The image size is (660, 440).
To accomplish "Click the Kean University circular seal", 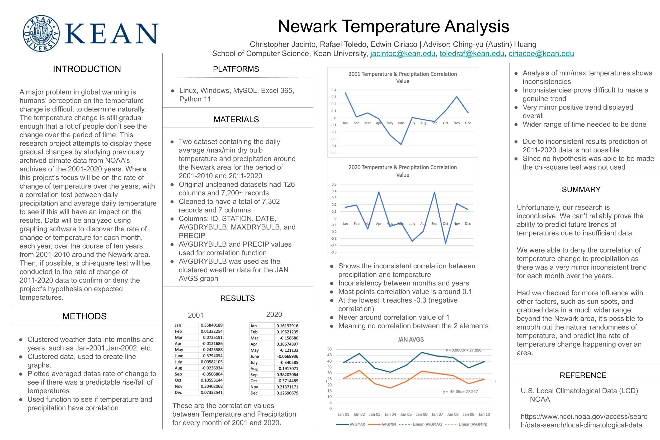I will (x=41, y=33).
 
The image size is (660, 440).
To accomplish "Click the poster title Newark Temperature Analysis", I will (x=393, y=26).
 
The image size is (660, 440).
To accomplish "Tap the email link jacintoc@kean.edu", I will (x=403, y=54).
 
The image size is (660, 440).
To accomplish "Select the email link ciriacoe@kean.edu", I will (x=541, y=54).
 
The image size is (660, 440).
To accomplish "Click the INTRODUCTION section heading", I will (x=87, y=69).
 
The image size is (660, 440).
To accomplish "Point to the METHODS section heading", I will (x=84, y=316).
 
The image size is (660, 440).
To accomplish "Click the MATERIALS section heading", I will (x=236, y=120).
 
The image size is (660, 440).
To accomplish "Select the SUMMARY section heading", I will (x=581, y=189).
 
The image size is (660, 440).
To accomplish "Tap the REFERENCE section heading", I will (x=583, y=375).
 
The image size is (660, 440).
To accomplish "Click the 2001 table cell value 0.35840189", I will (x=212, y=325).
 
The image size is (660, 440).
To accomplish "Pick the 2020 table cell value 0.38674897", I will (x=287, y=344).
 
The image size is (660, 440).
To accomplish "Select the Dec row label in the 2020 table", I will (x=254, y=393).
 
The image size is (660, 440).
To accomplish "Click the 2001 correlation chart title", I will (x=403, y=77).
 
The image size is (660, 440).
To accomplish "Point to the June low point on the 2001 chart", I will (x=401, y=144).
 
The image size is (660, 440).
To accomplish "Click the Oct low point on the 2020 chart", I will (x=445, y=243).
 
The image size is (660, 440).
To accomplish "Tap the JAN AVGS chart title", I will (x=411, y=340).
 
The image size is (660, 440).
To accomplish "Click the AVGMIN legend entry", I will (x=389, y=424).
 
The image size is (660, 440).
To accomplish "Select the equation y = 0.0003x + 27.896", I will (x=463, y=350).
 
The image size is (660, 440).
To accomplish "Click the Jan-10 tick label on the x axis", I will (x=484, y=414).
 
